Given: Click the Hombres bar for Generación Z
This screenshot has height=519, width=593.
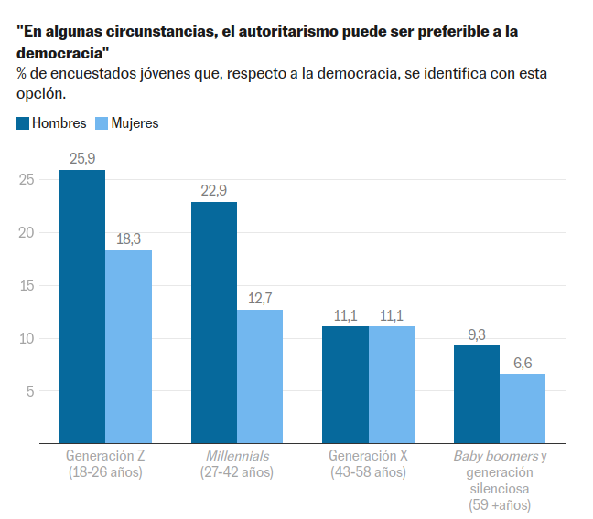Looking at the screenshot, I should point(82,306).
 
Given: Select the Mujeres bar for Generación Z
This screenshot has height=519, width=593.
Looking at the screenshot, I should point(128,346).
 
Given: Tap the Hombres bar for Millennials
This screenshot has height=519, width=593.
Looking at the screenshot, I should point(214,322).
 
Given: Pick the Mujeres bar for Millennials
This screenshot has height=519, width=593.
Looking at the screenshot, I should point(260,376).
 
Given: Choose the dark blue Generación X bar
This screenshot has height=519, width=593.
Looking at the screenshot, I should point(346,384).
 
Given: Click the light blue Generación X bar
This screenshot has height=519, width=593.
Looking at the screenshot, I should point(392,384).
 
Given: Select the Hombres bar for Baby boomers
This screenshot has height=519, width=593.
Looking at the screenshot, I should point(477,394).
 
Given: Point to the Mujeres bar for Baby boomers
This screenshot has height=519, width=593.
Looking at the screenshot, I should point(523,408).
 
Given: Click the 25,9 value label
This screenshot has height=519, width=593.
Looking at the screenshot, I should point(82,158).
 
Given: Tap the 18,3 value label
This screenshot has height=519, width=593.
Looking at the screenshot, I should point(128,238).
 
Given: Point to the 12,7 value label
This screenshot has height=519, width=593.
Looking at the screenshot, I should point(260,298).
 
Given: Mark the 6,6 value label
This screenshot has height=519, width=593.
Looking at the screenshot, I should point(523,362).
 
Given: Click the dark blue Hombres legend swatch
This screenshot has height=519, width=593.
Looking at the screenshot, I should point(23,123).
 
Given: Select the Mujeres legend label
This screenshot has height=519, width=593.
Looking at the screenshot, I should point(135,123).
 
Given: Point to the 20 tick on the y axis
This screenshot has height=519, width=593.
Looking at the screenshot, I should point(27,233).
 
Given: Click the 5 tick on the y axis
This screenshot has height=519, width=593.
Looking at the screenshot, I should point(30,391).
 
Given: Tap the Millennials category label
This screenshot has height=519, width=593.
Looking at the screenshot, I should point(237,455).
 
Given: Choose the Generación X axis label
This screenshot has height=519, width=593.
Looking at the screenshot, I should point(368,455).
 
